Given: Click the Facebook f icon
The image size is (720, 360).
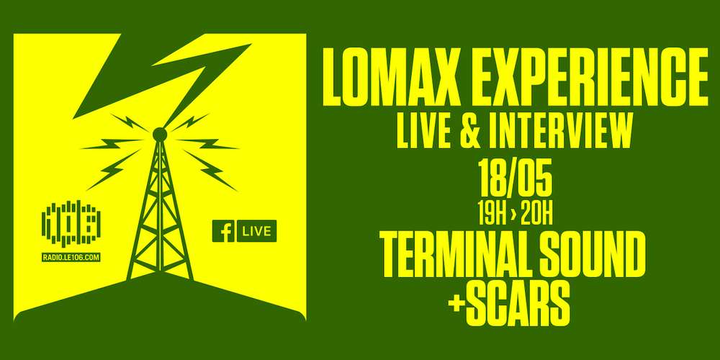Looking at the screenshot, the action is (223, 231).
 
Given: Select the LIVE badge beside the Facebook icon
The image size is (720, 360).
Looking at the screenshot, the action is (257, 231).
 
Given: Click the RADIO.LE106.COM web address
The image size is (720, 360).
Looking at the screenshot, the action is (71, 258).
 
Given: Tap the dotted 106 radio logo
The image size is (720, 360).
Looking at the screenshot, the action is (71, 223).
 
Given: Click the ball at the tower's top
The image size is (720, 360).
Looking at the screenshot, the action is (160, 135).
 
